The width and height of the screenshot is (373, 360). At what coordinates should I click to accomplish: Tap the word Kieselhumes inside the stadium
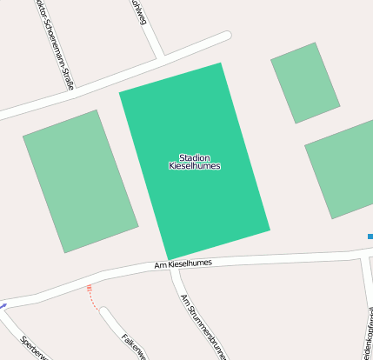[x=194, y=165]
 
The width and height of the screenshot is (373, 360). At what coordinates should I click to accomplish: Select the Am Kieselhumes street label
[x=183, y=263]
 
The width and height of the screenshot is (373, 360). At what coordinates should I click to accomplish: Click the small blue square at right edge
[x=370, y=236]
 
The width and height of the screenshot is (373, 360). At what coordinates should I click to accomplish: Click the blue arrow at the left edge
[x=3, y=305]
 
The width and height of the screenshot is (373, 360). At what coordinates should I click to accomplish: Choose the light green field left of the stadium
[x=80, y=180]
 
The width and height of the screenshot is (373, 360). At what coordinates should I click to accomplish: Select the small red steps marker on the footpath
[x=89, y=287]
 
